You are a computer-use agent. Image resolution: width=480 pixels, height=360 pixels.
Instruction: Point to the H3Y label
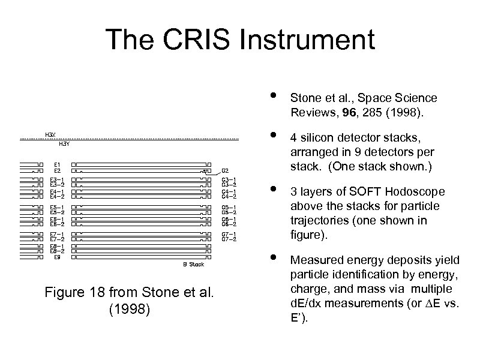click(64, 144)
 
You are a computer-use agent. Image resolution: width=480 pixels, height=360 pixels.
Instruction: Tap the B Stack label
click(193, 264)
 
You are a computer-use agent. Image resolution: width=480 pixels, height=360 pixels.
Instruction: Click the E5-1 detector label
click(58, 208)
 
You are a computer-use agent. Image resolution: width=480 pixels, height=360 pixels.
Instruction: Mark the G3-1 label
click(229, 178)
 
